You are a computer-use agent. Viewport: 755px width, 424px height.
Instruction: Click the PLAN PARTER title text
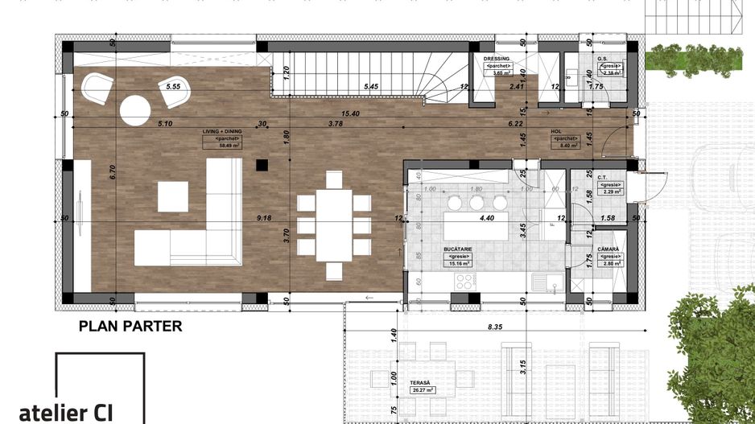pos(130,326)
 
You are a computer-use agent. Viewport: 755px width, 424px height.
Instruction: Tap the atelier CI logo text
pos(65,412)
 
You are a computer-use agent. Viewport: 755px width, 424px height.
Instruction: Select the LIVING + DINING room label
pos(221,130)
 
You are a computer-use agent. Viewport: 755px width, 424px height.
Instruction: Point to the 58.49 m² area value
pos(221,146)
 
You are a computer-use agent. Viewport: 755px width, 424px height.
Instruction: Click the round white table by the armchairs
pos(135,110)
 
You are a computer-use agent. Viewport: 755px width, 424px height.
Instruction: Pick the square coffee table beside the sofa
pos(172,196)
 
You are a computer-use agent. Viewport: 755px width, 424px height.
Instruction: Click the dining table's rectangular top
pos(333,215)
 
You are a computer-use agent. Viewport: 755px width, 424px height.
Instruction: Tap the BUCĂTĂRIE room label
pos(456,250)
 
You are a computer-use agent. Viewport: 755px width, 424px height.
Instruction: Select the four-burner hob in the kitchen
pos(466,281)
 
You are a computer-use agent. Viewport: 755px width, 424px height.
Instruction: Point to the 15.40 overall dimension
pos(350,114)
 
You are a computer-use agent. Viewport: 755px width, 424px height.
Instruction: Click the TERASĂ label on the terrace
pos(419,383)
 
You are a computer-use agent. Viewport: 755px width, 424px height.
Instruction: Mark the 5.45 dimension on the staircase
pos(371,85)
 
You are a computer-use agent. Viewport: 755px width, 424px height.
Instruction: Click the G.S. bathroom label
pos(602,59)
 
